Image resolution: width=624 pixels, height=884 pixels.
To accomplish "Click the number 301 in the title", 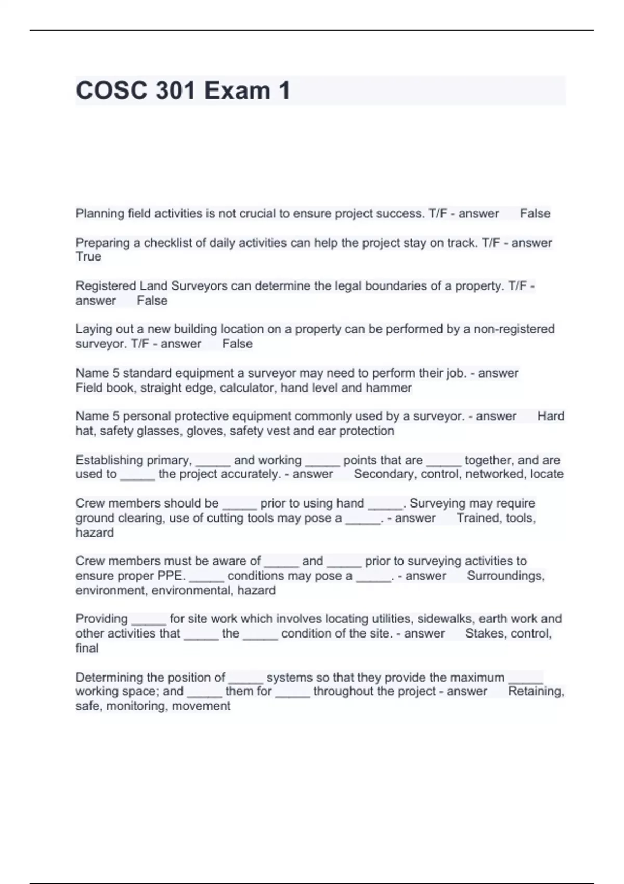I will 168,90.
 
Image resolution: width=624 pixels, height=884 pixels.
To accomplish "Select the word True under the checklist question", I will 88,257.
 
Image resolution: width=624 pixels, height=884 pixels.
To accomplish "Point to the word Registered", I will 106,286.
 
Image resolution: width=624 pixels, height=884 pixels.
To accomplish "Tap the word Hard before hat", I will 551,417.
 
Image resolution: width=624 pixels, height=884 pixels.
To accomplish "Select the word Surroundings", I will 505,576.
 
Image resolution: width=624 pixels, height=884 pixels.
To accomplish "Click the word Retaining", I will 536,692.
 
